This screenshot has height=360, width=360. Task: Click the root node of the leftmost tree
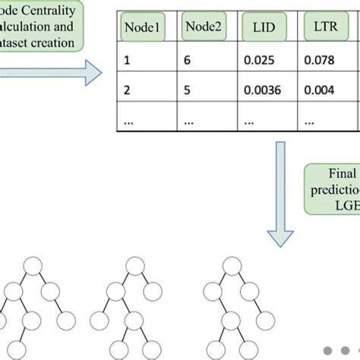click(x=33, y=267)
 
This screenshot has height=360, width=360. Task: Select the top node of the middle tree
click(x=134, y=267)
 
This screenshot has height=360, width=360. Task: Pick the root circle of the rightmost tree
click(x=232, y=267)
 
